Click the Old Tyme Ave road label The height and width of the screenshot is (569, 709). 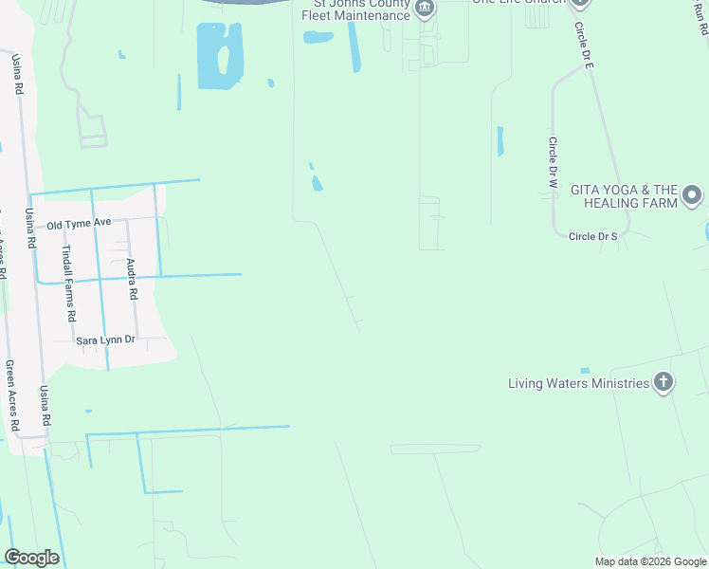(80, 223)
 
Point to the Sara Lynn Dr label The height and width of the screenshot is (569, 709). (106, 339)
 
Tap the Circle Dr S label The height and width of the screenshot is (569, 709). (593, 235)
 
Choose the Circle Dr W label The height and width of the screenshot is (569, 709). (553, 160)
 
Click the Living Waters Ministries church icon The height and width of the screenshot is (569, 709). (664, 383)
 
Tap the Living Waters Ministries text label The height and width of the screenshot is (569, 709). (578, 384)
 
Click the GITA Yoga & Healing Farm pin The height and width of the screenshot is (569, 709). (692, 196)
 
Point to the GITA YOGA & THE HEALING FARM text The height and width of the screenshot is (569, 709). (624, 196)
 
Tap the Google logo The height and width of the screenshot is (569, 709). (31, 558)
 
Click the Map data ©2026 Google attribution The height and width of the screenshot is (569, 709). (650, 561)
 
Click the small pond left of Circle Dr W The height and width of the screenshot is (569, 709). (500, 141)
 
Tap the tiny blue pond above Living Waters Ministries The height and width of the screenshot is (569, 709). (585, 370)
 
